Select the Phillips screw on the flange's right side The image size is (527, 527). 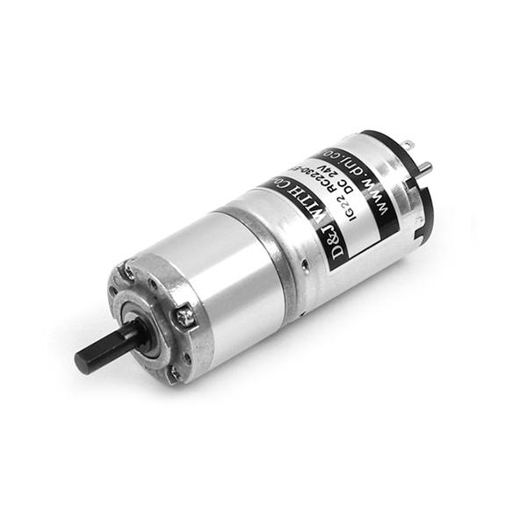[185, 314]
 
